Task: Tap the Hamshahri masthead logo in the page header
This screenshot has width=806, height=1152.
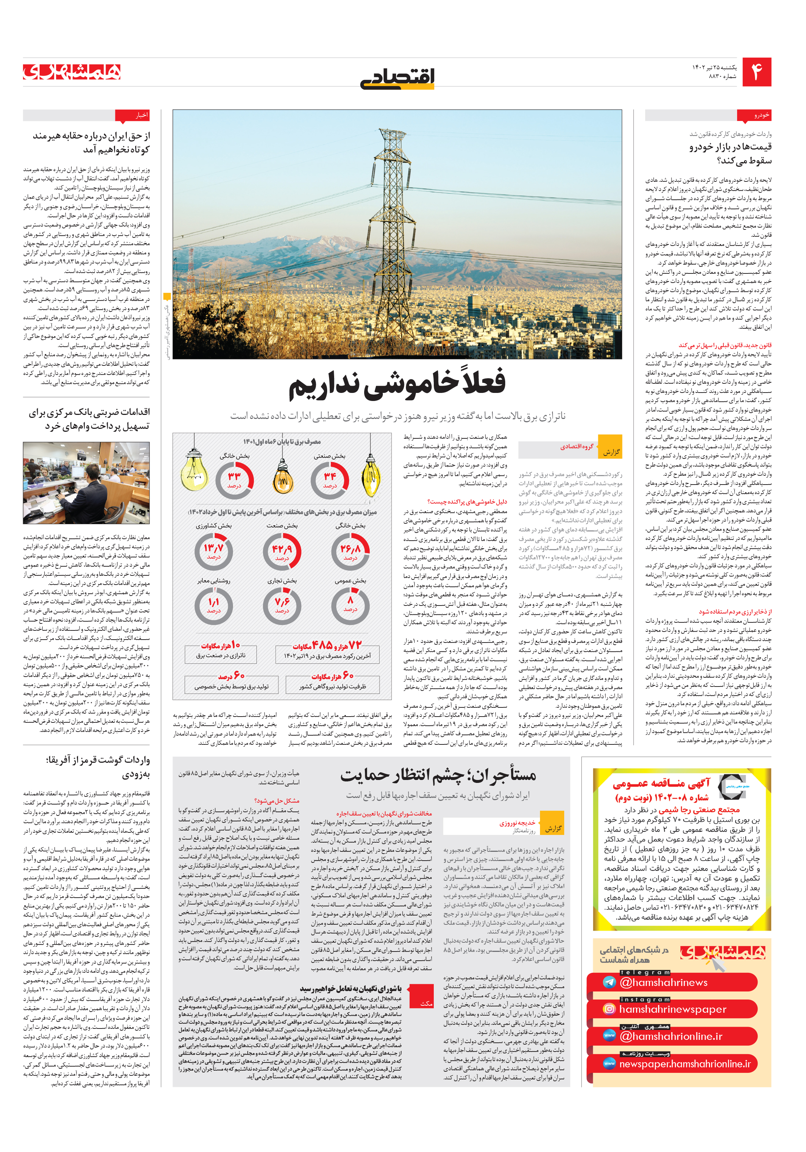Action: tap(72, 72)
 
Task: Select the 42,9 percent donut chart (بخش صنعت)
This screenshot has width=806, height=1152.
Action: tap(282, 551)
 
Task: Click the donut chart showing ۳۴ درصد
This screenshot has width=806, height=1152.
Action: tap(329, 480)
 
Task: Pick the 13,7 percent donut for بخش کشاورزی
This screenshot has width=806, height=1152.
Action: tap(214, 551)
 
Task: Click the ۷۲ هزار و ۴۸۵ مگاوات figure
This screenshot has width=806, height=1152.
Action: tap(327, 645)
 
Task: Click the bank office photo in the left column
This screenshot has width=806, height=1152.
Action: tap(86, 483)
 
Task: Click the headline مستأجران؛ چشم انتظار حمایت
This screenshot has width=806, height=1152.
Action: tap(439, 776)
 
